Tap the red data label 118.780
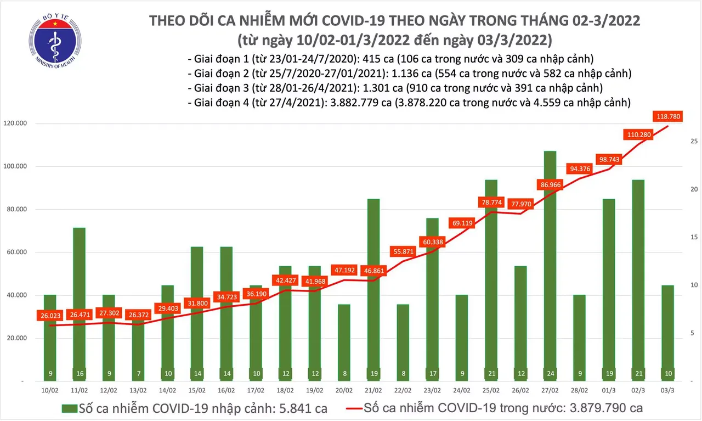667,116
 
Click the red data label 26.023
50,316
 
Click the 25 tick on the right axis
693,141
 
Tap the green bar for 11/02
80,302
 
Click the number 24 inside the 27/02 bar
550,374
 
